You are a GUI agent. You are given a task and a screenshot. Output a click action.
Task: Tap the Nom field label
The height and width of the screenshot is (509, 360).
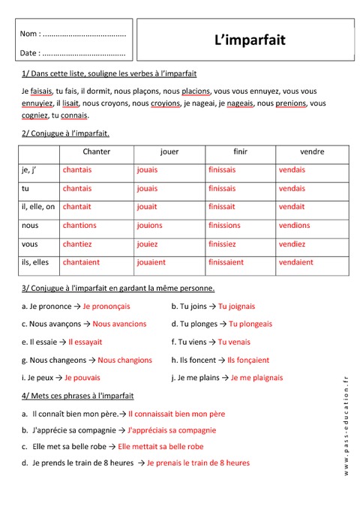coord(30,34)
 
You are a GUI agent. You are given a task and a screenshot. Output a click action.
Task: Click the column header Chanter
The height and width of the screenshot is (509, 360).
coord(97,151)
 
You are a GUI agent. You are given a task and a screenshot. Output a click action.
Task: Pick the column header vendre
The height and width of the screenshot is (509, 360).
coord(311,151)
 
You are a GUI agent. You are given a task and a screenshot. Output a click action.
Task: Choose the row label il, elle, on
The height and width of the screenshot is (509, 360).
coord(39,207)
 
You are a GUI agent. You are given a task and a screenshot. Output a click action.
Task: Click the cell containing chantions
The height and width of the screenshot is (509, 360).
coord(79,225)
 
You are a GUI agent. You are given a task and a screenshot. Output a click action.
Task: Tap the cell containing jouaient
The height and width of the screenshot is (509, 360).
coord(151,262)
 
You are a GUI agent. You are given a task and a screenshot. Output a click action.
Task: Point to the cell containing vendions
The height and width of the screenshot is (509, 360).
coord(294,225)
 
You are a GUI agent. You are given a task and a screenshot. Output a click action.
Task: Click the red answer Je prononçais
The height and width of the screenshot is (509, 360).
coord(106,306)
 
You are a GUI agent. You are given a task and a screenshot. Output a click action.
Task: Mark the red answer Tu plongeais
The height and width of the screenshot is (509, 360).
coord(250,324)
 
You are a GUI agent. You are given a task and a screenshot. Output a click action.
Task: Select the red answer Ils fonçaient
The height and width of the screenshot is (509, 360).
coord(248,360)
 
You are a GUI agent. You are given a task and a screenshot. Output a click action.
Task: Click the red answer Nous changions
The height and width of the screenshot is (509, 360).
coord(124,360)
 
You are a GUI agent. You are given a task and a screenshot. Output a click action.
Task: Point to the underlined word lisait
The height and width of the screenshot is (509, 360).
coord(70,103)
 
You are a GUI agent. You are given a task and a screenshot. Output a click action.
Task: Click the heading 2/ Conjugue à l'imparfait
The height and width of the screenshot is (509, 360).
coord(66,133)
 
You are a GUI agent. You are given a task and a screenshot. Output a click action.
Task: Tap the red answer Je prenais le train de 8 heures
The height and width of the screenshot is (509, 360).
coord(198,463)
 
